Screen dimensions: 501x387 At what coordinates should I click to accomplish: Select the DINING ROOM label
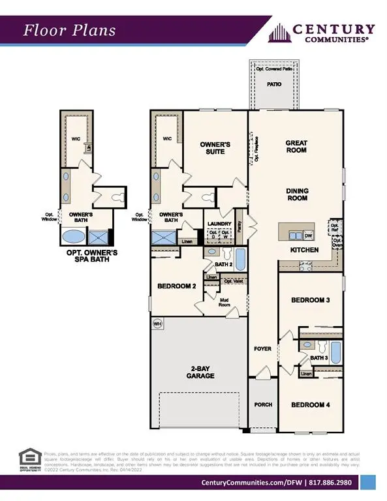[x=297, y=194]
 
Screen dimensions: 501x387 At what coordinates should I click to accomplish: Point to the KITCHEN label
[x=304, y=250]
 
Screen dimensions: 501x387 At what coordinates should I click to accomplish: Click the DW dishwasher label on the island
[x=309, y=235]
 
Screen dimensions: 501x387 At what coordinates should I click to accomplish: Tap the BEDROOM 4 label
[x=310, y=405]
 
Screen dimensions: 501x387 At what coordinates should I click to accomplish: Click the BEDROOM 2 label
[x=178, y=286]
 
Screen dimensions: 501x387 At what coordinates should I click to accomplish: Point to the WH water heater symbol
[x=157, y=324]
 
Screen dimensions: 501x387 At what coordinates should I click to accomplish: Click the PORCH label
[x=262, y=404]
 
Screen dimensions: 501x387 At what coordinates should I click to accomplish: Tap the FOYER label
[x=262, y=349]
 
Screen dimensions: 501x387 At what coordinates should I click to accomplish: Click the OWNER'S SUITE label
[x=216, y=147]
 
